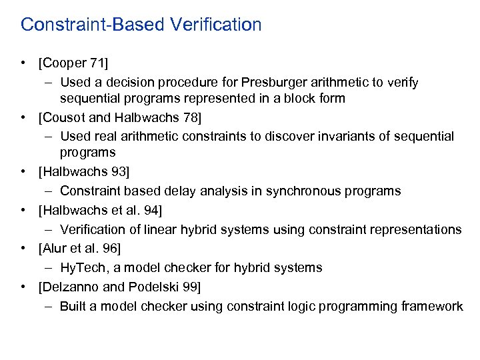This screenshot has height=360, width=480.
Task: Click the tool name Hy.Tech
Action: pos(83,268)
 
